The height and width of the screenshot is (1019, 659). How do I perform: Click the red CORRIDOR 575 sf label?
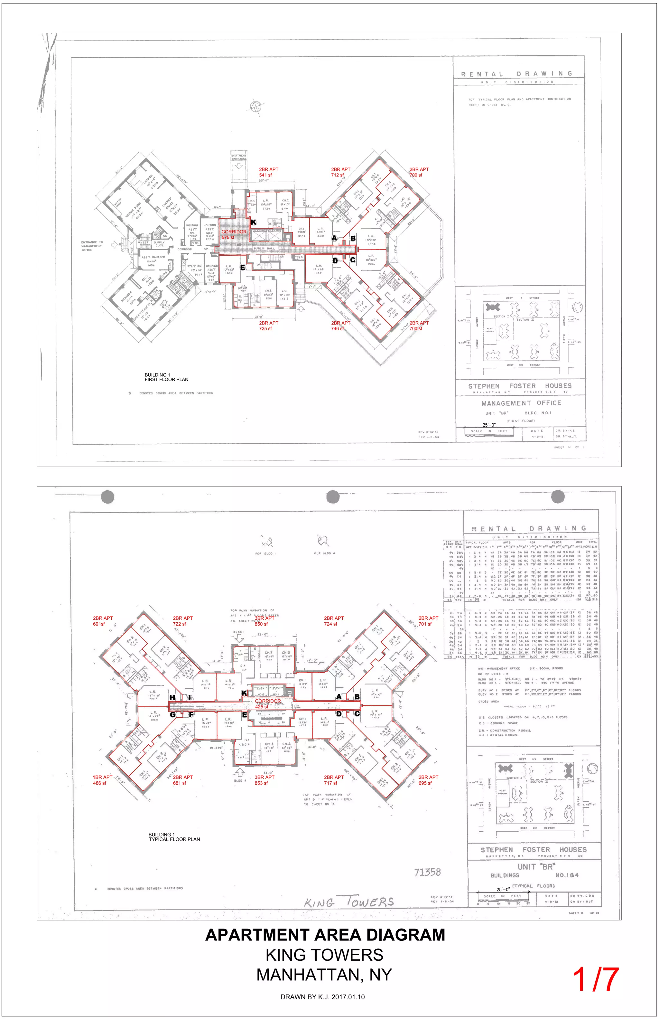click(x=234, y=234)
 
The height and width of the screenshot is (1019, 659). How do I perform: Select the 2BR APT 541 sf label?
click(x=268, y=172)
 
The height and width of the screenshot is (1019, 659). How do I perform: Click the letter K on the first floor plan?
click(x=253, y=222)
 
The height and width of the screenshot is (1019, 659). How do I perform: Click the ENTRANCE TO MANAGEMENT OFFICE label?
click(x=92, y=246)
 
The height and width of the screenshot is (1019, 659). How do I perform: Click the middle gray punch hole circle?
click(x=332, y=497)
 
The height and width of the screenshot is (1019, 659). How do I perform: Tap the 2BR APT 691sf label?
click(x=103, y=621)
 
